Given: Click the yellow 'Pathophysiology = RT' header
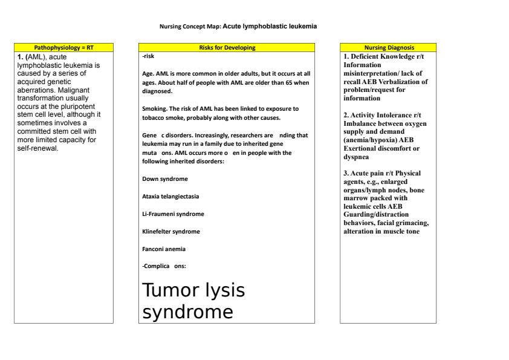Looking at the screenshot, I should click(x=63, y=47).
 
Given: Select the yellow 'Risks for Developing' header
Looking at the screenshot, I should click(x=227, y=47).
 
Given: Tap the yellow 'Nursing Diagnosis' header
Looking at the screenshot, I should click(x=389, y=47).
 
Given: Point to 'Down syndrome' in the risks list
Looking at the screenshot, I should click(x=164, y=179).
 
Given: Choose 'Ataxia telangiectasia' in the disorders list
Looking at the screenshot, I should click(x=170, y=197).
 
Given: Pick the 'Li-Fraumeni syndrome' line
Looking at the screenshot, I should click(x=173, y=214).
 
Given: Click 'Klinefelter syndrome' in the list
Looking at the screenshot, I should click(x=170, y=232).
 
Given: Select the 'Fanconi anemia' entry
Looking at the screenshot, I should click(x=164, y=249).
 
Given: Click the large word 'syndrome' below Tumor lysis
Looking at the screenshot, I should click(x=187, y=312).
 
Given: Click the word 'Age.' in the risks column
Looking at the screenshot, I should click(x=148, y=73).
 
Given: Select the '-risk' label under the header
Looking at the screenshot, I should click(x=148, y=56).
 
